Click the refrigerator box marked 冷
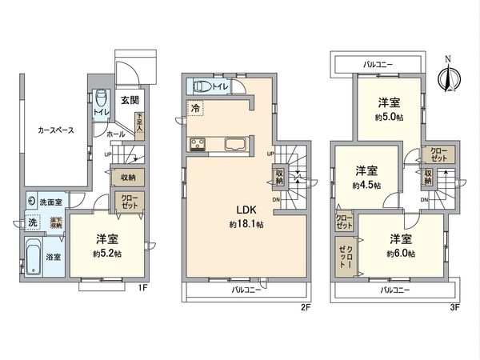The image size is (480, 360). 196,106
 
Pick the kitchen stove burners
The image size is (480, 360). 198,144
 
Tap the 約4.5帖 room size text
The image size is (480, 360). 366,185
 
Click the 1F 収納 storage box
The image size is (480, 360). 128,177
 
